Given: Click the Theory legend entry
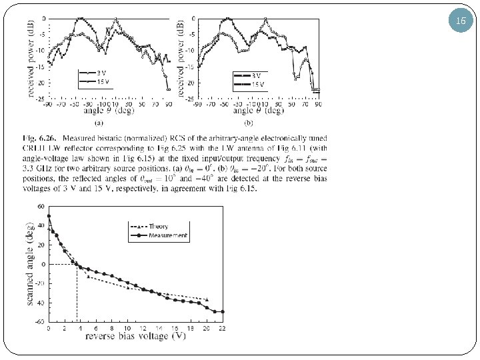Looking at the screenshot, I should click(x=158, y=226).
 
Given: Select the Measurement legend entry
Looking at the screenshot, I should click(x=167, y=235).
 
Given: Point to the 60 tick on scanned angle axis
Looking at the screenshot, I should click(x=40, y=207).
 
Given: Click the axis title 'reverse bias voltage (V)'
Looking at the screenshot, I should click(x=135, y=337).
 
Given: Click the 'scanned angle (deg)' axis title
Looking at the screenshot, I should click(x=31, y=265).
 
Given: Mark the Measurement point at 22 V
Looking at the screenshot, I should click(x=222, y=311).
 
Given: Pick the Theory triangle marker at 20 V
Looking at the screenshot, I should click(x=207, y=299).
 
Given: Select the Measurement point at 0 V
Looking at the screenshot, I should click(x=49, y=216).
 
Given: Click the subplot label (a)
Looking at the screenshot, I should click(x=97, y=123).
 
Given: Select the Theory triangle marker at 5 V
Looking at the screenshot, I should click(x=88, y=276).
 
